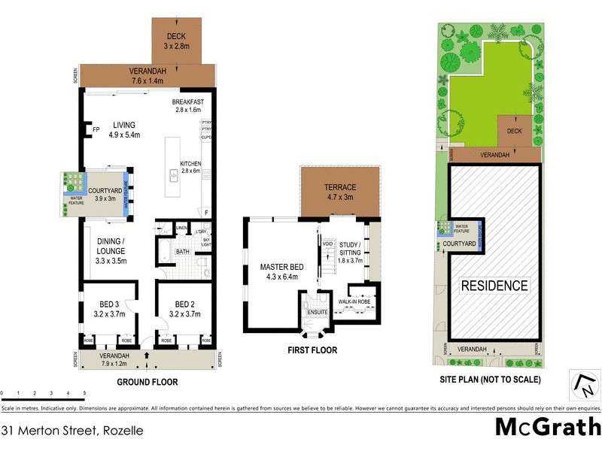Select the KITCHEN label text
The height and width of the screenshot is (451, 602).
tap(191, 164)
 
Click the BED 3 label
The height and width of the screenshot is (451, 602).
tap(109, 304)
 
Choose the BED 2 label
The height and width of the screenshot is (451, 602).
tap(184, 304)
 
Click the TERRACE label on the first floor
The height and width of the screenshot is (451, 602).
tap(340, 187)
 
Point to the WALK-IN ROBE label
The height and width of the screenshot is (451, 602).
tap(354, 301)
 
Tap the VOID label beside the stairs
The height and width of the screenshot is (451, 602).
tap(327, 244)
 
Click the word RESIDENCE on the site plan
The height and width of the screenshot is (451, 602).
tap(494, 286)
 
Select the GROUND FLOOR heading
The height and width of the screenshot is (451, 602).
tap(147, 382)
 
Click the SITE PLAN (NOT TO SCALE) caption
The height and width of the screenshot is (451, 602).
tap(490, 380)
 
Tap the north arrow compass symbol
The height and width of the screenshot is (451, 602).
tap(583, 385)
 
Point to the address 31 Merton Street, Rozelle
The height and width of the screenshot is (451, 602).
tap(72, 431)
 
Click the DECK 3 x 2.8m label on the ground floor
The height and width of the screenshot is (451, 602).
tap(175, 40)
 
